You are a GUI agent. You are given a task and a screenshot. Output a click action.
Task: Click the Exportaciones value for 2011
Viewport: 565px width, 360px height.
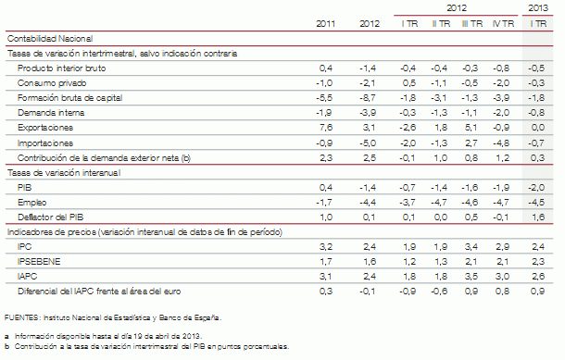pos(325,127)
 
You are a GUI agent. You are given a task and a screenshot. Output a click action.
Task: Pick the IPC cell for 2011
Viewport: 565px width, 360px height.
pos(325,248)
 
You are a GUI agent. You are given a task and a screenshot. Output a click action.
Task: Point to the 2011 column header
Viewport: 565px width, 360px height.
pos(325,22)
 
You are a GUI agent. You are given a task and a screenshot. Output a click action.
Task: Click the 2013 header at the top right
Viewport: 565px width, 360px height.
pos(537,7)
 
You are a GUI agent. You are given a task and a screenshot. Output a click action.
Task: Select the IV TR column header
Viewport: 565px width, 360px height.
pos(502,22)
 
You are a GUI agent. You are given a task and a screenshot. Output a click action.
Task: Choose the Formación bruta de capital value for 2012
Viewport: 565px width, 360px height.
pos(368,97)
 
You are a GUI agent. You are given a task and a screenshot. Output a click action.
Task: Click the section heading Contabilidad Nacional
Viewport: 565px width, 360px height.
pos(49,39)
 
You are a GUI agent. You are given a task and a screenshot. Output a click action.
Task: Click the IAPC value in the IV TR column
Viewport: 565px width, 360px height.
pos(503,276)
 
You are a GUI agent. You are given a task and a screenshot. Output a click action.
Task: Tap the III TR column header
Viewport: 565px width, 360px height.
pos(470,22)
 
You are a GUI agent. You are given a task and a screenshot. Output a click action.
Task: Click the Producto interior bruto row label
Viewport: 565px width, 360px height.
pos(58,68)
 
